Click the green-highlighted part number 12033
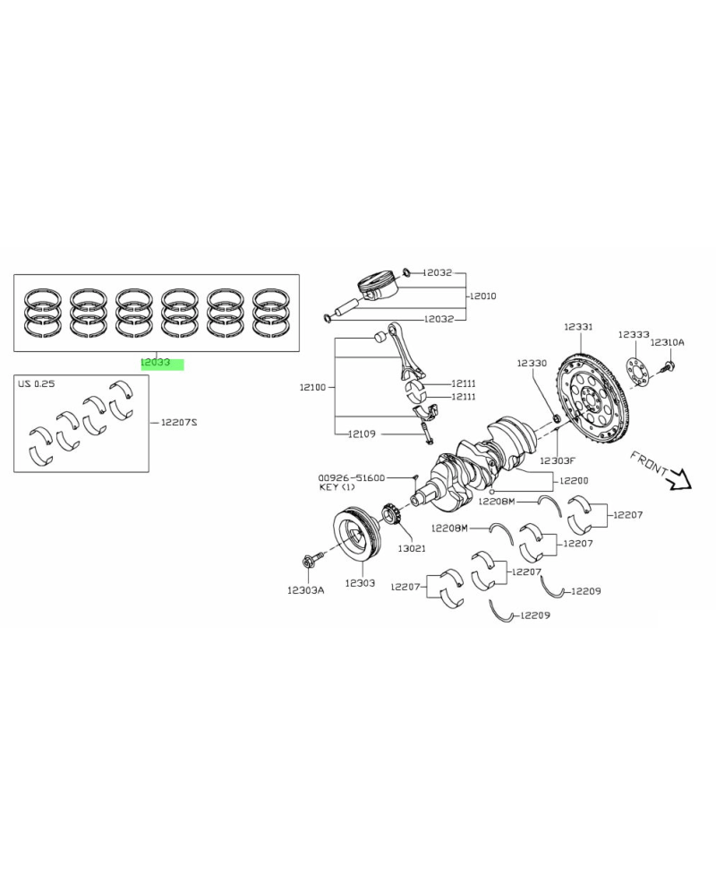pyautogui.click(x=155, y=363)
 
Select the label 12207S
pyautogui.click(x=179, y=421)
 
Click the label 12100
pyautogui.click(x=314, y=388)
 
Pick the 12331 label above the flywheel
pyautogui.click(x=578, y=327)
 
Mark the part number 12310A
pyautogui.click(x=667, y=342)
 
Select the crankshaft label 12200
pyautogui.click(x=574, y=480)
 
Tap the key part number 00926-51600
pyautogui.click(x=351, y=477)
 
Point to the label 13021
pyautogui.click(x=412, y=547)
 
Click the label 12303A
pyautogui.click(x=305, y=590)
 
